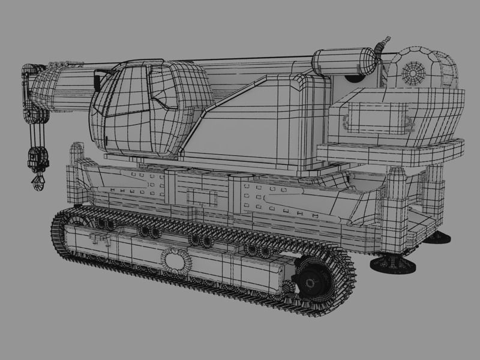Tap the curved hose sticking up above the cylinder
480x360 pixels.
[x=379, y=47]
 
